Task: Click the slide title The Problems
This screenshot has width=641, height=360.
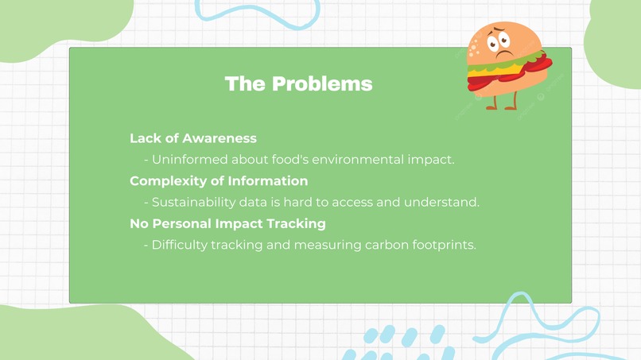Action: (298, 83)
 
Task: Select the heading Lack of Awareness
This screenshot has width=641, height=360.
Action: (192, 138)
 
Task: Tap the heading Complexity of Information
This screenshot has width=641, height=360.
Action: (219, 181)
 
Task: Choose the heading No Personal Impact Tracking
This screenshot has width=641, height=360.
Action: (227, 224)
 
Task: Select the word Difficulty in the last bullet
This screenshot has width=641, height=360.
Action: (179, 245)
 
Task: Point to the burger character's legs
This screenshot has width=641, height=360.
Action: (500, 100)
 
